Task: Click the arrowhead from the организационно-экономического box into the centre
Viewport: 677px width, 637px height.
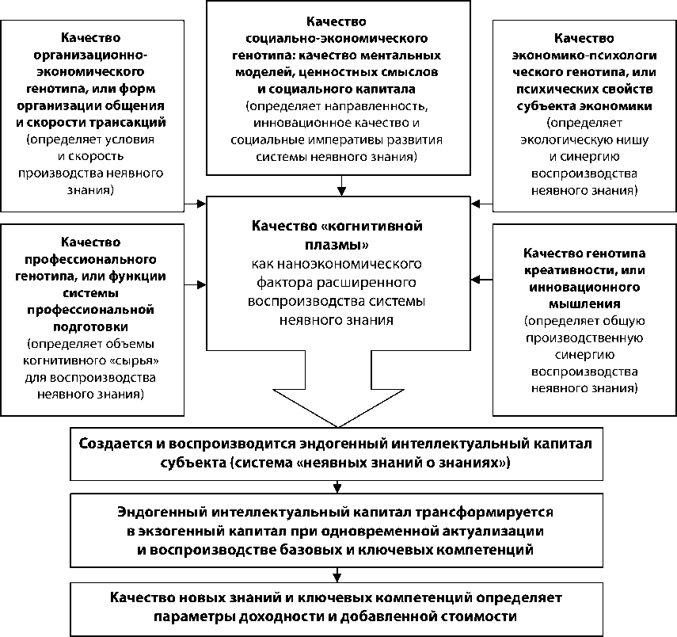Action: (x=200, y=205)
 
